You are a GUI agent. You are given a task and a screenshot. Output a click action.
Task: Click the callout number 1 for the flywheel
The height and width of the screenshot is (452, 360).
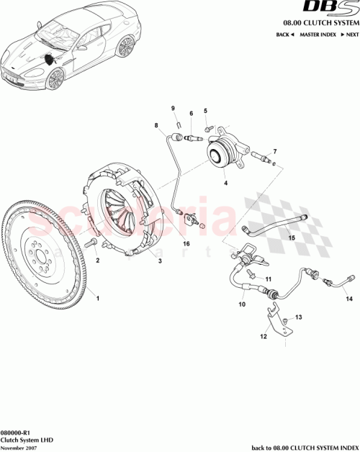pyautogui.click(x=99, y=297)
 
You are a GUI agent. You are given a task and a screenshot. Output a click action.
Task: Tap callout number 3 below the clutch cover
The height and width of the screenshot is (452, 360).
pyautogui.click(x=160, y=263)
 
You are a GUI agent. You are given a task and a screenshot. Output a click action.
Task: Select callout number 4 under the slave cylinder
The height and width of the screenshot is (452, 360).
pyautogui.click(x=225, y=183)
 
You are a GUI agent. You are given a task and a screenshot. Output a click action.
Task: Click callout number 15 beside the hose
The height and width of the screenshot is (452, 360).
pyautogui.click(x=292, y=237)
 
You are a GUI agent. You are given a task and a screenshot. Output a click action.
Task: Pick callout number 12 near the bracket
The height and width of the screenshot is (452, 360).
pyautogui.click(x=264, y=336)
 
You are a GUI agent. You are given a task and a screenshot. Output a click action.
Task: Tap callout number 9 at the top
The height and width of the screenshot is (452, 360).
pyautogui.click(x=173, y=108)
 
